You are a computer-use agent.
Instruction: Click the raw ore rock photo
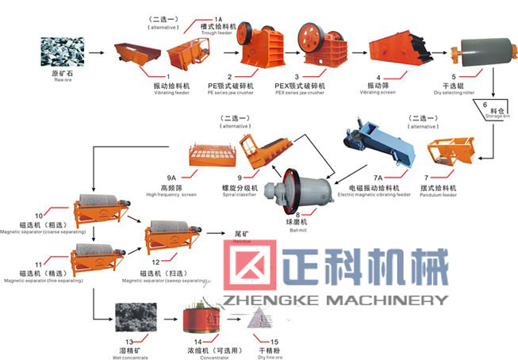tap(56, 52)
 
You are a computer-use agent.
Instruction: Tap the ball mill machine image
tap(297, 191)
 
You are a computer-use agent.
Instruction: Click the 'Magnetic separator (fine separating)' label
tap(36, 280)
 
